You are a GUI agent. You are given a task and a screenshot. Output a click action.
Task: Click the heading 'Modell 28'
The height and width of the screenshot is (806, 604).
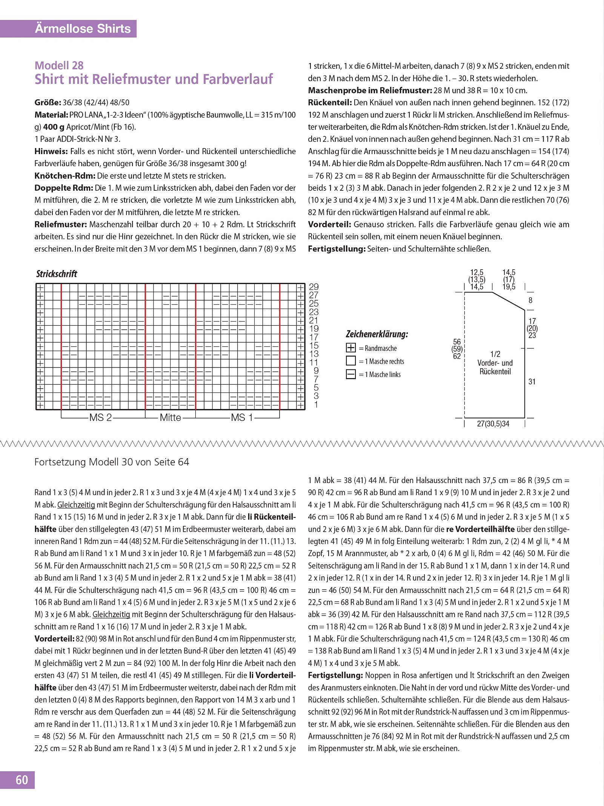point(59,65)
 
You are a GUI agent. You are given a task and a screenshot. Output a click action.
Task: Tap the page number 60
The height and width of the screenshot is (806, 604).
point(22,780)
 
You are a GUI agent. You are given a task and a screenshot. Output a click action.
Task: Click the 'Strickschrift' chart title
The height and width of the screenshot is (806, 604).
point(57,274)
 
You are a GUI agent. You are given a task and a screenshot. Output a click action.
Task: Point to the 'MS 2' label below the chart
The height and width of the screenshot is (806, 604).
point(101,418)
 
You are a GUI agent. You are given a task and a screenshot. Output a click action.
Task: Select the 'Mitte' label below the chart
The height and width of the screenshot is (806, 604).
point(171,418)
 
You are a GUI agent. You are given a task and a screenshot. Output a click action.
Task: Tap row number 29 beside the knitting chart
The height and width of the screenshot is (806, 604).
point(314,287)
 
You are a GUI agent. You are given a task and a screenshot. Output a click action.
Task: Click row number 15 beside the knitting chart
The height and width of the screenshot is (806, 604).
point(314,346)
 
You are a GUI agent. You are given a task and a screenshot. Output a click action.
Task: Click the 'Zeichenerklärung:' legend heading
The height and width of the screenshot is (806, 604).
point(377,334)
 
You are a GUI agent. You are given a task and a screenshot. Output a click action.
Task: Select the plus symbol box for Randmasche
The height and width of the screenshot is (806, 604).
point(351,348)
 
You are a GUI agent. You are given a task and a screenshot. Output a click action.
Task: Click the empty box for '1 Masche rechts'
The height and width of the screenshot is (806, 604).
point(351,361)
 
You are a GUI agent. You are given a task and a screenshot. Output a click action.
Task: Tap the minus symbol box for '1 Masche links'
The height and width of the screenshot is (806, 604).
point(351,374)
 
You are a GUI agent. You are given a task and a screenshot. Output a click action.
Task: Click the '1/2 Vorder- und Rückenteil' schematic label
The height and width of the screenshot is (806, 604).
point(495,363)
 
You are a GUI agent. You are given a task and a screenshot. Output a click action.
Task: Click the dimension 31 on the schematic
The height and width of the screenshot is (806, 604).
point(532,382)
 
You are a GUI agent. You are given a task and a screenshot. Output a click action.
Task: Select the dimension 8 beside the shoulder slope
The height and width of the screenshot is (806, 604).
point(530,301)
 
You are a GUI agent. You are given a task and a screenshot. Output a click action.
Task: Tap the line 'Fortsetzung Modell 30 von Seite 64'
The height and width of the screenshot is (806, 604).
point(112,462)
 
